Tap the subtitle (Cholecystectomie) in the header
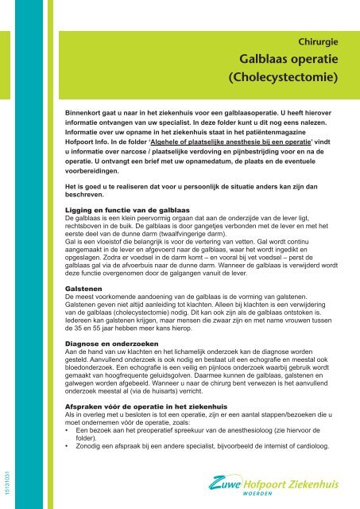tap(284, 79)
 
